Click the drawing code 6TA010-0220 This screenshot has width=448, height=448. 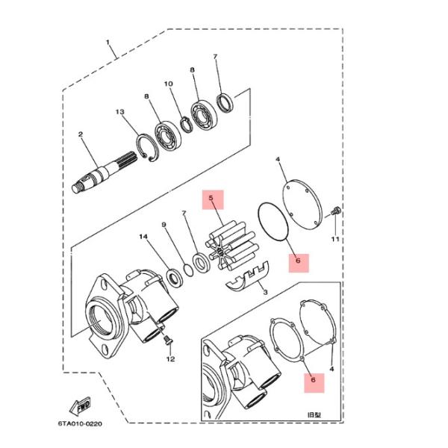pos(80,423)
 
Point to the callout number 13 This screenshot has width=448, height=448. pos(120,112)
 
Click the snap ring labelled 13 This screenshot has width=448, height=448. pos(146,147)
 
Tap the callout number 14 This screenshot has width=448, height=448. pos(143,237)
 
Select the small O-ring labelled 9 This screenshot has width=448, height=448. pos(188,270)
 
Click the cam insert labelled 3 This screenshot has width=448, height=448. pos(247,278)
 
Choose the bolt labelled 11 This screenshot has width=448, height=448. pos(336,212)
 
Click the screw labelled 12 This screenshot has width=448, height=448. pos(167,340)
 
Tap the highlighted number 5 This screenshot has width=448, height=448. pos(211,198)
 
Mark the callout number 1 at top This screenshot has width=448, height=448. pos(108,43)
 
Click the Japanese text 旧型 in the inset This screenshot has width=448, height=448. pos(314,414)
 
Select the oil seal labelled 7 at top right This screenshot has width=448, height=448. pos(225,102)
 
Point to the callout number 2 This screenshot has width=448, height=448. pos(81,134)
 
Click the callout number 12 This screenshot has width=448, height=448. pos(170,359)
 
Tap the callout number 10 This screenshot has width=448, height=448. pos(168,84)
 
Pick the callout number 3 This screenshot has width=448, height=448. pos(265,292)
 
